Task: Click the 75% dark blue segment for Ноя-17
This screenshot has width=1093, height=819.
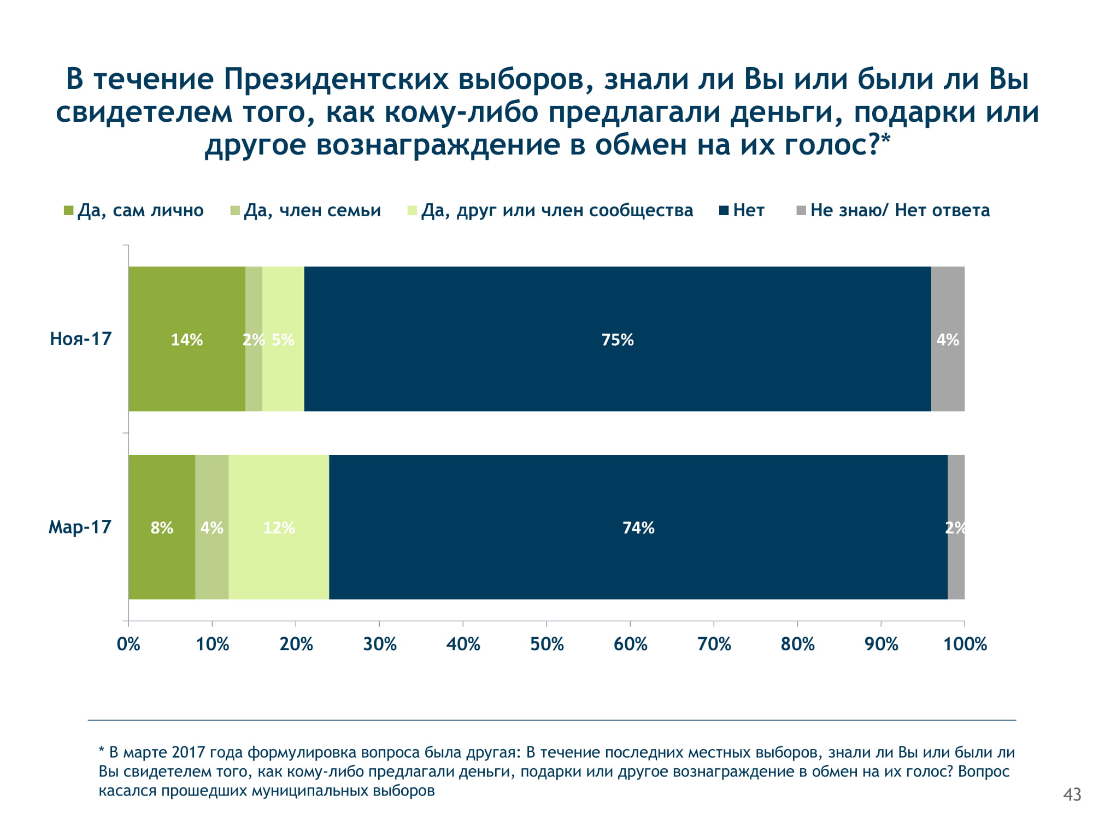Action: [618, 339]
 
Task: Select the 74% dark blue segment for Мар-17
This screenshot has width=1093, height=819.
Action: [638, 527]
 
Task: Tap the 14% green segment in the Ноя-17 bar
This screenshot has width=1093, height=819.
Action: [187, 339]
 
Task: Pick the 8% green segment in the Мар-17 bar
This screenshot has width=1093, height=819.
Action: [162, 527]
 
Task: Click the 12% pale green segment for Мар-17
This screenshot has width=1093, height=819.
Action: [279, 527]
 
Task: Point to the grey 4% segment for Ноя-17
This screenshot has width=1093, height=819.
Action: [948, 339]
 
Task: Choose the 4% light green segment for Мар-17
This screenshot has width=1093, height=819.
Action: [211, 527]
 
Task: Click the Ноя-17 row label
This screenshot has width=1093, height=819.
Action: [81, 339]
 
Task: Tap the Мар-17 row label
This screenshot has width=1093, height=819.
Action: [80, 527]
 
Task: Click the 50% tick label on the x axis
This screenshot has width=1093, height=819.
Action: [546, 644]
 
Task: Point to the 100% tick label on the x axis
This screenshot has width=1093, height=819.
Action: [965, 644]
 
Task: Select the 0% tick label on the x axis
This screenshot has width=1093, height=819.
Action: [129, 644]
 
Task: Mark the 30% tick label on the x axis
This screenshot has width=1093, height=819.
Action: [380, 644]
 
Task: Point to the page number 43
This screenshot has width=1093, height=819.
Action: [1072, 794]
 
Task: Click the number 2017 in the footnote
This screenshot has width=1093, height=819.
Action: [189, 752]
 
